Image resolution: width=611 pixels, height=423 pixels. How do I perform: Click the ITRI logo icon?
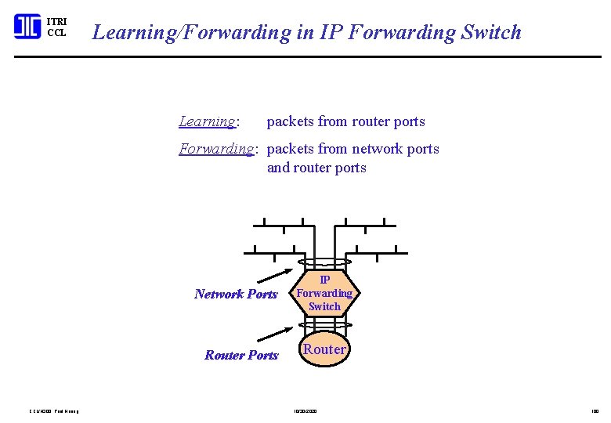point(27,27)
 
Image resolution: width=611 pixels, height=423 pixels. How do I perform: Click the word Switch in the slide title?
point(491,32)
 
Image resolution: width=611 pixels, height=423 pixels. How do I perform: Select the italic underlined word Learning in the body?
point(207,121)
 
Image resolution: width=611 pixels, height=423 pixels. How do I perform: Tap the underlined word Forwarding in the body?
point(215,149)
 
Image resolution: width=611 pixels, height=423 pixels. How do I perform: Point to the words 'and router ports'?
point(316,168)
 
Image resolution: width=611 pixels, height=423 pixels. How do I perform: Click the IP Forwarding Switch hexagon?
point(324,293)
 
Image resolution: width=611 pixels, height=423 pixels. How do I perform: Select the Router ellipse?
point(324,349)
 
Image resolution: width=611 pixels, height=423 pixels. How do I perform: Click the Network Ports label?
point(236,295)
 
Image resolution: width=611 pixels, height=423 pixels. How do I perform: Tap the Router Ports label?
point(241,356)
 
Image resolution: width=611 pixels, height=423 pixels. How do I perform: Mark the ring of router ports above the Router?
point(324,324)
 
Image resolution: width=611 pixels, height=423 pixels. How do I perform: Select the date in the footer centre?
point(305,410)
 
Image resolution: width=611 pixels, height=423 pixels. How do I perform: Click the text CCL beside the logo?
point(56,33)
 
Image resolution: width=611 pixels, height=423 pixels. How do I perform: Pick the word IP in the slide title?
point(329,32)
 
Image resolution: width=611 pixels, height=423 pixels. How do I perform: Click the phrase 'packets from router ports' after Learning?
point(345,121)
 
